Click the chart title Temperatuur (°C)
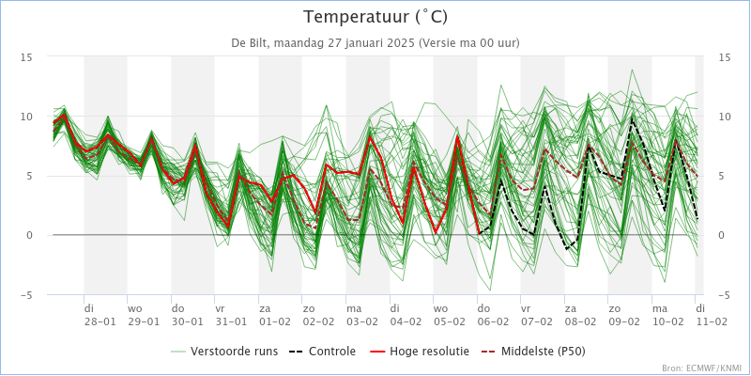coord(375,17)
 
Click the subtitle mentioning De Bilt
coord(375,42)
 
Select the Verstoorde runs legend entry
coord(224,351)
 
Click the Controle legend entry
coord(322,351)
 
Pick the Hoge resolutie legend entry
coord(420,351)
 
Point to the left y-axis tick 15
coord(26,57)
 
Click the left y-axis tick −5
coord(26,295)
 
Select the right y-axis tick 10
coord(725,117)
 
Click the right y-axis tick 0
coord(721,236)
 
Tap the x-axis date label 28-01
coord(100,321)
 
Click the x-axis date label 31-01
coord(231,321)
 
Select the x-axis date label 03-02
coord(361,321)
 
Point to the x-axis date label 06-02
coord(493,321)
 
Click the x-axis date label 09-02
coord(624,321)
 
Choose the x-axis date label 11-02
coord(712,321)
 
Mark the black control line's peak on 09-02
coord(632,117)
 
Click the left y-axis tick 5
coord(29,176)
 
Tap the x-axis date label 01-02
coord(274,321)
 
